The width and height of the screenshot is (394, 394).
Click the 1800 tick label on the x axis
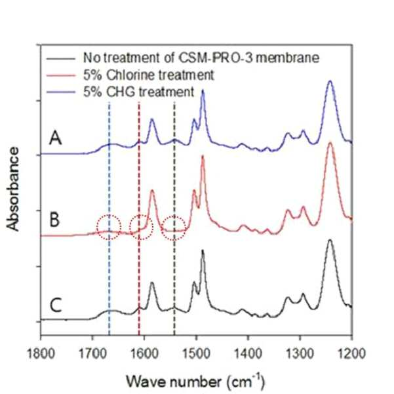pyautogui.click(x=41, y=354)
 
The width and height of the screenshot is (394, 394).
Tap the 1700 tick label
pyautogui.click(x=92, y=354)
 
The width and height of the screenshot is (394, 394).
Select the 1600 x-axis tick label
pyautogui.click(x=144, y=354)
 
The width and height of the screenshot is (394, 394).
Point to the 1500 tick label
pyautogui.click(x=197, y=354)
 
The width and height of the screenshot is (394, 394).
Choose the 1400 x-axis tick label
pyautogui.click(x=248, y=354)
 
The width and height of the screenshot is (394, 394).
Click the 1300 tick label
pyautogui.click(x=300, y=354)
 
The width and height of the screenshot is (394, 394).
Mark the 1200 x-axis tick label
pyautogui.click(x=351, y=354)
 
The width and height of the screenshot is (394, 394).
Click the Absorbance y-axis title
pyautogui.click(x=12, y=189)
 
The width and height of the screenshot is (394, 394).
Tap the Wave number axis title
pyautogui.click(x=195, y=381)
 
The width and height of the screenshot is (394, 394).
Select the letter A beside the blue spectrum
pyautogui.click(x=55, y=138)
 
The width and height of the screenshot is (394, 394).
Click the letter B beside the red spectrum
pyautogui.click(x=54, y=220)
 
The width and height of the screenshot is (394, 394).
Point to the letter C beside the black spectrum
pyautogui.click(x=56, y=305)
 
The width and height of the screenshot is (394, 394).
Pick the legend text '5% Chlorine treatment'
pyautogui.click(x=149, y=75)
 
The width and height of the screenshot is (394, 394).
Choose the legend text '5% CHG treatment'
pyautogui.click(x=139, y=92)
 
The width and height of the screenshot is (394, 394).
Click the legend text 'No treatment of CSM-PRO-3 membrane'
pyautogui.click(x=201, y=58)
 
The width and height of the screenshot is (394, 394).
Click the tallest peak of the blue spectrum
pyautogui.click(x=330, y=81)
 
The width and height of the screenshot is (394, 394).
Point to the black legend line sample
pyautogui.click(x=61, y=59)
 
